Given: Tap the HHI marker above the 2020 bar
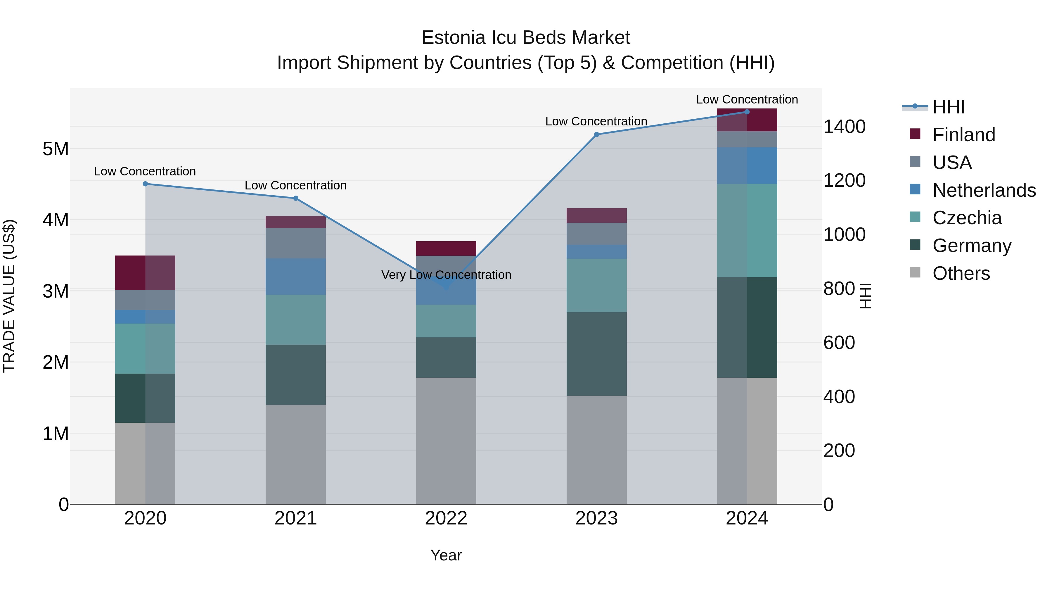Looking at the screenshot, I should (146, 184).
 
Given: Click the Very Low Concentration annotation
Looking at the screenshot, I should (446, 275).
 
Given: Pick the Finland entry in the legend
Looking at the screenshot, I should (964, 135).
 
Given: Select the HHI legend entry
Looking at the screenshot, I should (948, 107).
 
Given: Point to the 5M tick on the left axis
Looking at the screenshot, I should (56, 149).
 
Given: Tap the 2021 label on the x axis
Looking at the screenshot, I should (296, 518).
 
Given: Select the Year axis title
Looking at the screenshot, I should (446, 556).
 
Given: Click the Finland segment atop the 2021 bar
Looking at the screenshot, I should (296, 222).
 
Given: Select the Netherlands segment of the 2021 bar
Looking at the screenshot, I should (296, 277).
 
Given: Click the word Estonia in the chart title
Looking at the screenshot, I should (453, 38).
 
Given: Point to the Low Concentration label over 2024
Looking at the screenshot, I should (747, 99).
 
